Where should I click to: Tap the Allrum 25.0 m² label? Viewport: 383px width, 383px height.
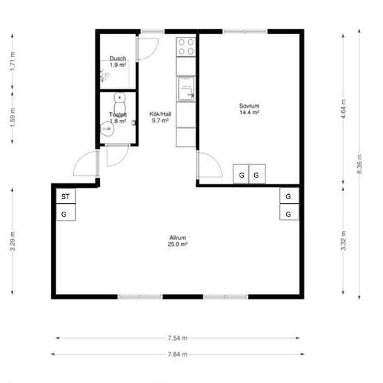[178, 241]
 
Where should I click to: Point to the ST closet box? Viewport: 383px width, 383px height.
[65, 196]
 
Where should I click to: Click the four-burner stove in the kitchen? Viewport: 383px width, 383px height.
[186, 47]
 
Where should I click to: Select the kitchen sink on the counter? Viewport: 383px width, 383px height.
[186, 88]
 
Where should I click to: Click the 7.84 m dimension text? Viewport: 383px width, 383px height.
[178, 354]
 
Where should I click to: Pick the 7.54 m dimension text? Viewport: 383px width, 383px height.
[178, 338]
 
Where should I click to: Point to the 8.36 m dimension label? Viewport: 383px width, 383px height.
[359, 164]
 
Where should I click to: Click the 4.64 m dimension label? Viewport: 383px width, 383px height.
[343, 109]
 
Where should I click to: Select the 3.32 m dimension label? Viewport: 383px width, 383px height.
[343, 241]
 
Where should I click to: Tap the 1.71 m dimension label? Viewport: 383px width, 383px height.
[13, 61]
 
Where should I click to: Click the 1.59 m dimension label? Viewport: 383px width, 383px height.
[13, 118]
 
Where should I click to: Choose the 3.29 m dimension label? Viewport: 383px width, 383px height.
[13, 242]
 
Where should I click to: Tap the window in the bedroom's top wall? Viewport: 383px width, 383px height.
[245, 31]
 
